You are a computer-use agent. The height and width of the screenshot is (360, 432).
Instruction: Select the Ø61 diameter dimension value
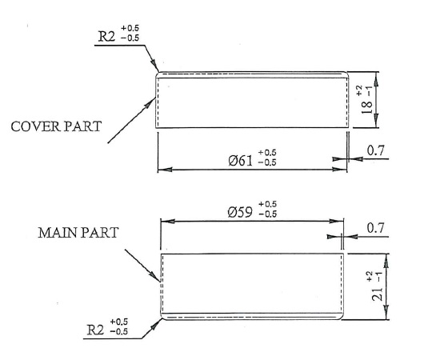coord(241,161)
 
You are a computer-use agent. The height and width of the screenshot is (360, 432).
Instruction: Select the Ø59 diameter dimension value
coord(240,212)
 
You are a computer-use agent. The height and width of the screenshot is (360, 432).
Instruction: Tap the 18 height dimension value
coord(367,107)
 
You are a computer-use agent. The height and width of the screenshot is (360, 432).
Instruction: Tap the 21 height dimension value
coord(378,294)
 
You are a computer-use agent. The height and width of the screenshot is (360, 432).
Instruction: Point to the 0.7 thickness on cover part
coord(375,150)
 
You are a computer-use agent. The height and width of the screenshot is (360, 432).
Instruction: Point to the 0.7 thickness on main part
coord(375,228)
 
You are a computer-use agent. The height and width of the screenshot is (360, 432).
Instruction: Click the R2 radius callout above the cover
coord(106,36)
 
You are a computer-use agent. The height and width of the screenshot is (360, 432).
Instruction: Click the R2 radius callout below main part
coord(95,330)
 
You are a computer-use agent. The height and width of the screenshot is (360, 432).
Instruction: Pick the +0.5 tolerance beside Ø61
coord(267,152)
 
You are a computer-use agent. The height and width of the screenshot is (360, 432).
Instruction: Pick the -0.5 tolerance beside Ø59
coord(267,214)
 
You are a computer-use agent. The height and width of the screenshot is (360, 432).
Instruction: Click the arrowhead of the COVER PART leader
coord(150,103)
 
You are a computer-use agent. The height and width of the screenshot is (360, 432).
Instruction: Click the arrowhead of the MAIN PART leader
coord(155,276)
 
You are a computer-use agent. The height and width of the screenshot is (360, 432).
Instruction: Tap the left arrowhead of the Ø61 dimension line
coord(165,170)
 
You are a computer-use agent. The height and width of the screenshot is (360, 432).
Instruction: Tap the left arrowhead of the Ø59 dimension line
coord(168,221)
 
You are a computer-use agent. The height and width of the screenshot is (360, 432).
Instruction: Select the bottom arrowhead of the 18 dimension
coord(376,121)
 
